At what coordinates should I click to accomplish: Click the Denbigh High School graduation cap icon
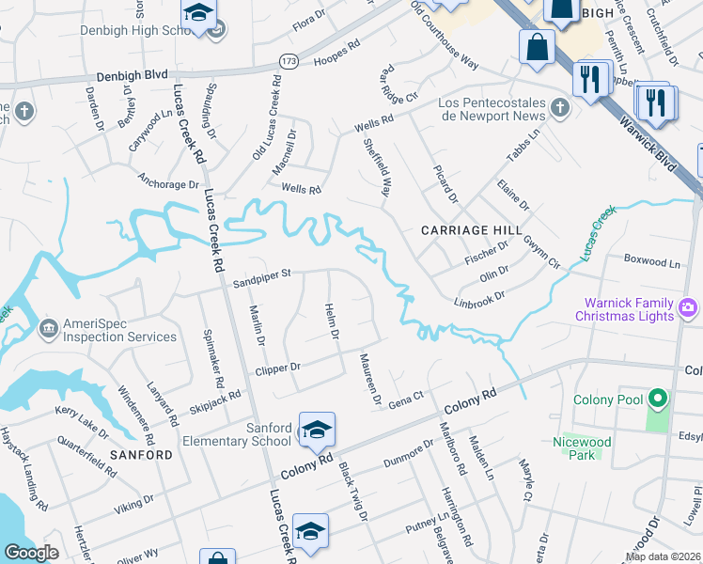(x=199, y=14)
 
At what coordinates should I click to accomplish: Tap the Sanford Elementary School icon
(x=317, y=430)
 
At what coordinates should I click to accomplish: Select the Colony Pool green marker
(x=658, y=401)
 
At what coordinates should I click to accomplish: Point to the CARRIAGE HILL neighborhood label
(x=470, y=230)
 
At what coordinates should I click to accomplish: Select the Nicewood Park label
(x=583, y=448)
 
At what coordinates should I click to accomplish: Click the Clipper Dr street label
(x=278, y=368)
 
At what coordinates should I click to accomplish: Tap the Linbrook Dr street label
(x=480, y=300)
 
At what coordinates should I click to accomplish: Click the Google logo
(x=31, y=553)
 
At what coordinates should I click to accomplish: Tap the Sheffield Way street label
(x=377, y=168)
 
